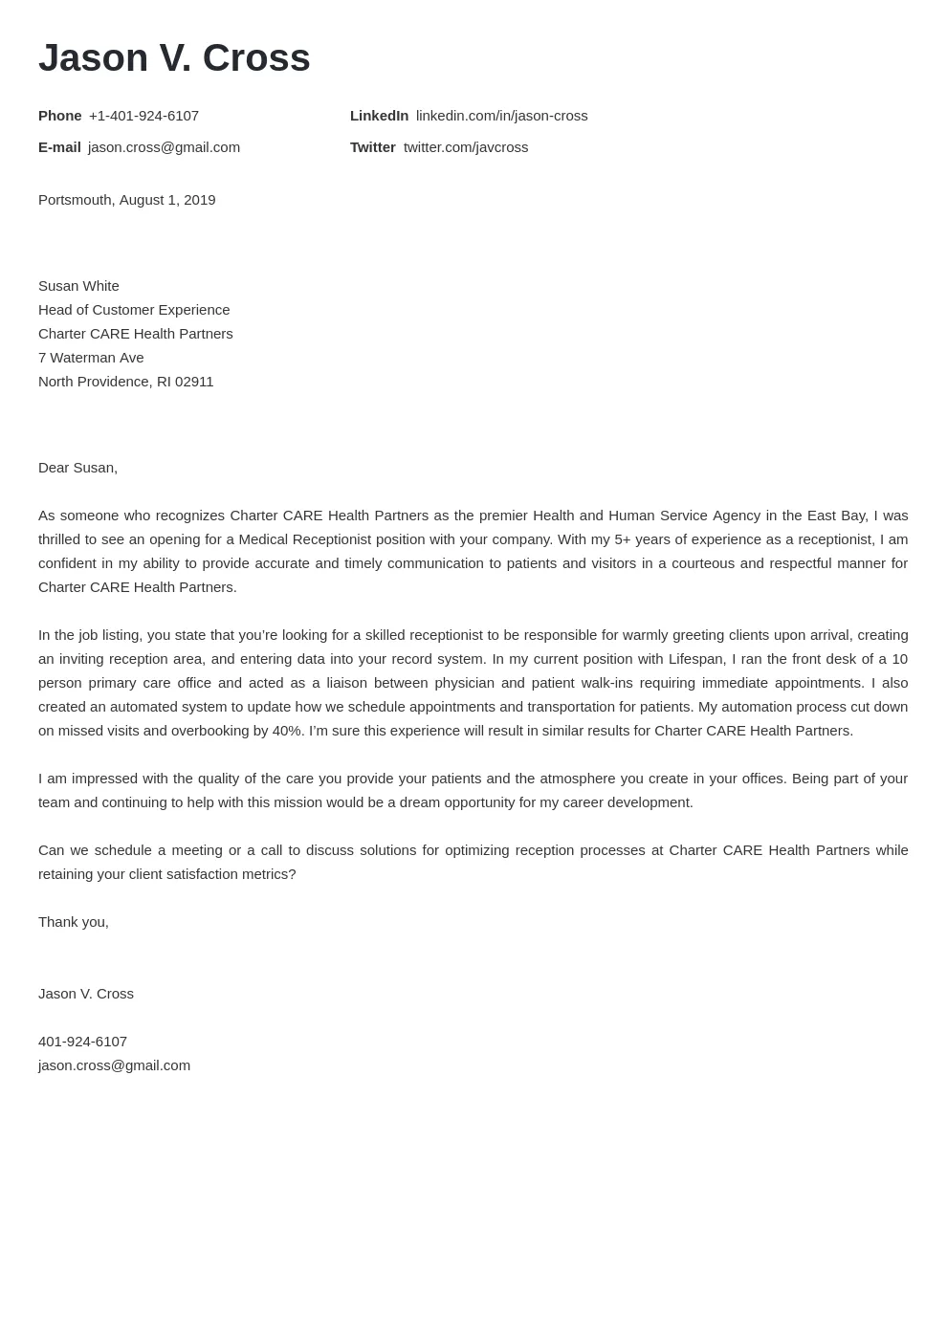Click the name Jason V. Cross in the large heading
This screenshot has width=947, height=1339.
pyautogui.click(x=174, y=57)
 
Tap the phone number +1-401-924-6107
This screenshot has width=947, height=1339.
pyautogui.click(x=143, y=116)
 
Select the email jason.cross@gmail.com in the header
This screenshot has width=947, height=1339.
pyautogui.click(x=164, y=147)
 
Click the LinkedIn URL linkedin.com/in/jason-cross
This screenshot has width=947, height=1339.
pyautogui.click(x=501, y=116)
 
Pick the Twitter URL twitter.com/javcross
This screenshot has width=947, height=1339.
pyautogui.click(x=465, y=147)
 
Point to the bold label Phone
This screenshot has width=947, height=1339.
pyautogui.click(x=59, y=116)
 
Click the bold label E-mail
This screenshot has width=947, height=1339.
pyautogui.click(x=59, y=147)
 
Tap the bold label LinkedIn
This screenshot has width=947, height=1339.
pyautogui.click(x=379, y=116)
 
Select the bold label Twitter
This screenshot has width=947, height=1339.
pyautogui.click(x=372, y=147)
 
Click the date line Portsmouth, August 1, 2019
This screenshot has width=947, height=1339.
pyautogui.click(x=126, y=200)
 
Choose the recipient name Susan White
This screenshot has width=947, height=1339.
pyautogui.click(x=78, y=286)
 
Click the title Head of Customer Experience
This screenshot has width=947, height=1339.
pyautogui.click(x=134, y=310)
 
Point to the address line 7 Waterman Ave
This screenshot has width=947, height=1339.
pyautogui.click(x=91, y=358)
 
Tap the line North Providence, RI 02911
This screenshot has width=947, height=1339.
pyautogui.click(x=125, y=382)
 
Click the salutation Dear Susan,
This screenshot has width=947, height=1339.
pyautogui.click(x=77, y=468)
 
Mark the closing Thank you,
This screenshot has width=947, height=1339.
pyautogui.click(x=74, y=922)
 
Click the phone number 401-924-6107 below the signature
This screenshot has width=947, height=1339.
pyautogui.click(x=82, y=1042)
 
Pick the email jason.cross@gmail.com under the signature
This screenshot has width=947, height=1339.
pyautogui.click(x=114, y=1065)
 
